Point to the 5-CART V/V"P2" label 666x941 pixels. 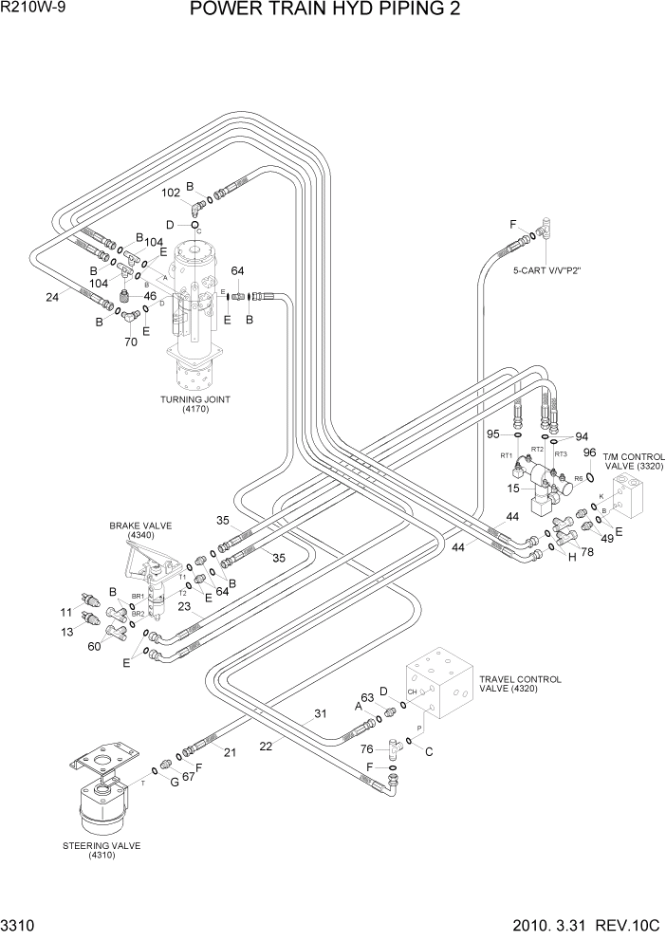[546, 270]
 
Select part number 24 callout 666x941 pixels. [53, 297]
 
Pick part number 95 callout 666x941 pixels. [493, 434]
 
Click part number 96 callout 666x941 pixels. [589, 452]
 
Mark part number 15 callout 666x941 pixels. [513, 489]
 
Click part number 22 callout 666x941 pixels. [267, 747]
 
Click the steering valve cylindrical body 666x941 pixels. [101, 804]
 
